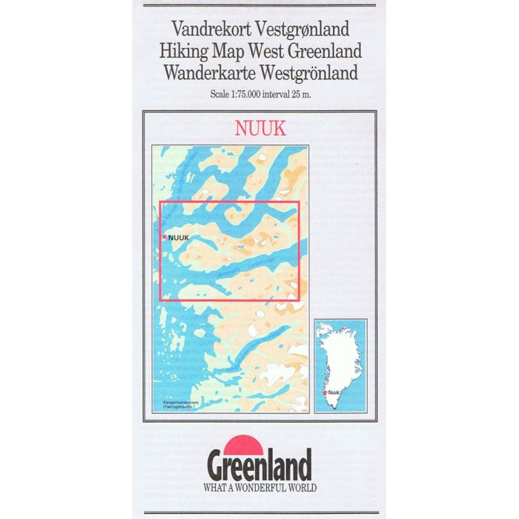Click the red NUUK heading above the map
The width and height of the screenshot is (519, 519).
pos(259,128)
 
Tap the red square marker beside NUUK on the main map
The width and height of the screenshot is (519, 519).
pos(165,237)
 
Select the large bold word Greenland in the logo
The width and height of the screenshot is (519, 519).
pos(259,469)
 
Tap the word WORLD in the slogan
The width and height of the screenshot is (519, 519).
pos(305,488)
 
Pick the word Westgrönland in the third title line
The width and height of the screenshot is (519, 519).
pos(305,73)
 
